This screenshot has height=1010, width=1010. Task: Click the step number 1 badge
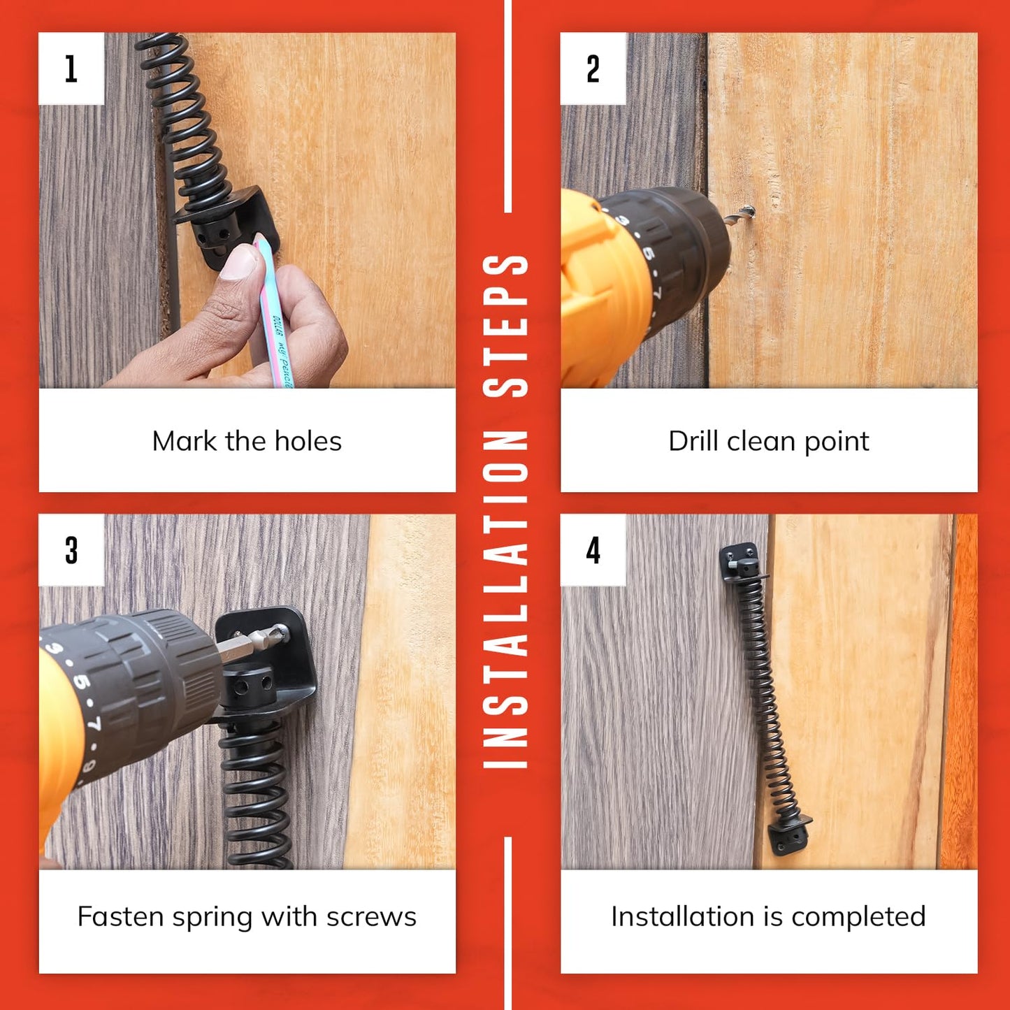pyautogui.click(x=71, y=68)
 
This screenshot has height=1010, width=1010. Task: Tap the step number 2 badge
pyautogui.click(x=593, y=68)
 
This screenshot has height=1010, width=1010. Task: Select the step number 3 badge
pyautogui.click(x=71, y=550)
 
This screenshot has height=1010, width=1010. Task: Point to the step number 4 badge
pyautogui.click(x=593, y=550)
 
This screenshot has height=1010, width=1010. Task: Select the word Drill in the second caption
pyautogui.click(x=695, y=442)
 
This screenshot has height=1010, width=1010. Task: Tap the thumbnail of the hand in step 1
pyautogui.click(x=238, y=262)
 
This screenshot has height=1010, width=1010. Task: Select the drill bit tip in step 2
pyautogui.click(x=746, y=211)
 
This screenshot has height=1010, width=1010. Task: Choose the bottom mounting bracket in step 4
pyautogui.click(x=788, y=837)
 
